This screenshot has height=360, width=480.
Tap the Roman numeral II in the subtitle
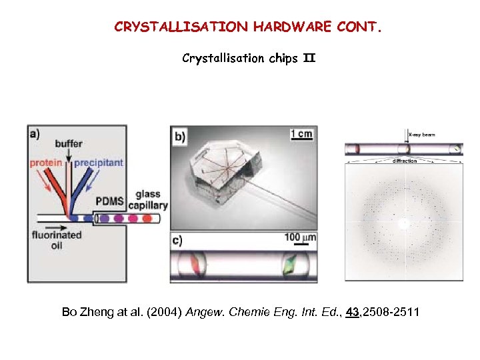coord(309,58)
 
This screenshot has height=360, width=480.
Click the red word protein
coord(46,163)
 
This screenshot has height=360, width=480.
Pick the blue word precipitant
coord(99,163)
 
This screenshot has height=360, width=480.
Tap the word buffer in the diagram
coord(69,144)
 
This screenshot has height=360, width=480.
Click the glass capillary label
coord(148,200)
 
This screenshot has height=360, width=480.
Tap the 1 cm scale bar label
coord(301,134)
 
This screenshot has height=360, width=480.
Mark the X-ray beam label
coord(421,134)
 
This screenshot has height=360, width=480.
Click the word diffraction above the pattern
coord(405,161)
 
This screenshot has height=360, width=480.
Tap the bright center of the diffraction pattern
coord(403,223)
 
